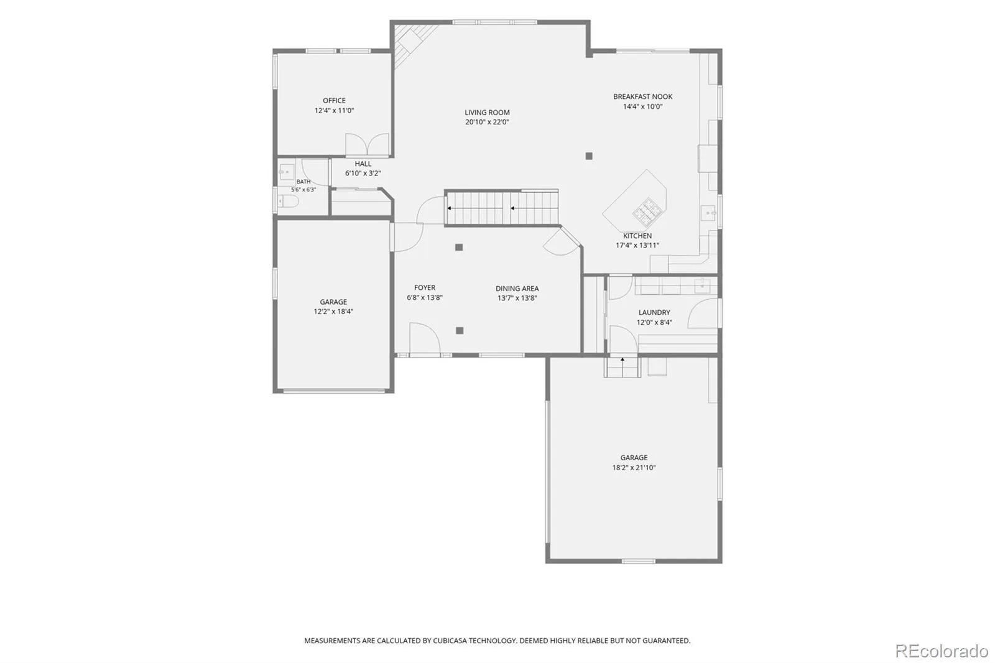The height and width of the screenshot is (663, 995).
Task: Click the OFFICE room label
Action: pyautogui.click(x=334, y=101)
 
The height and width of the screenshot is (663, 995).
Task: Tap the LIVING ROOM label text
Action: pyautogui.click(x=487, y=113)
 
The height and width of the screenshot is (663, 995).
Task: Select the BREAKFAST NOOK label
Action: pyautogui.click(x=643, y=96)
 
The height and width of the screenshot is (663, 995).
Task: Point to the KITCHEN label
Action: pyautogui.click(x=637, y=236)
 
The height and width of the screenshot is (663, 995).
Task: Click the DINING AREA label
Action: pyautogui.click(x=517, y=289)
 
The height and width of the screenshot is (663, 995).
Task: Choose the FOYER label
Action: pyautogui.click(x=425, y=287)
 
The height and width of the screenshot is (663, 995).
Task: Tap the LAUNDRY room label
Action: pyautogui.click(x=654, y=312)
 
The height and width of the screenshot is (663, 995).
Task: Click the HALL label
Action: pyautogui.click(x=363, y=164)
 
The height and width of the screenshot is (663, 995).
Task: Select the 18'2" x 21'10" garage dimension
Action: pyautogui.click(x=634, y=468)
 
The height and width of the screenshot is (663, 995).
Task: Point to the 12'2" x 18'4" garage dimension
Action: pyautogui.click(x=333, y=312)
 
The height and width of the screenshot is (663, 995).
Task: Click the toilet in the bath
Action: pyautogui.click(x=287, y=202)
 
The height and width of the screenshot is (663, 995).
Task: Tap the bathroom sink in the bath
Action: pyautogui.click(x=286, y=172)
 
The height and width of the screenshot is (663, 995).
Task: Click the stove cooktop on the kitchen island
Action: pyautogui.click(x=647, y=211)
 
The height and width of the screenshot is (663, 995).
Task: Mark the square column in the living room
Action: pyautogui.click(x=589, y=156)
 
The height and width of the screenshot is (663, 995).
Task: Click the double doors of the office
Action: pyautogui.click(x=368, y=144)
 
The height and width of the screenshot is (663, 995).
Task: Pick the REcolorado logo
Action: pyautogui.click(x=942, y=651)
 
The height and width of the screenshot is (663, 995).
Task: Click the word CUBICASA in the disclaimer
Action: pyautogui.click(x=450, y=641)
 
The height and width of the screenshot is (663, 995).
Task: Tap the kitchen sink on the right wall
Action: pyautogui.click(x=708, y=214)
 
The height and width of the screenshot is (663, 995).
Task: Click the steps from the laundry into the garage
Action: pyautogui.click(x=622, y=367)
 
